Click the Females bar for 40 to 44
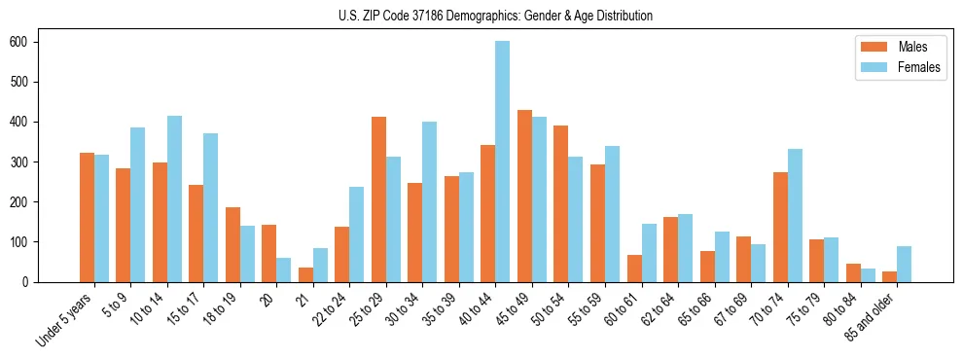(x=503, y=162)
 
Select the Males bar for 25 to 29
(x=378, y=199)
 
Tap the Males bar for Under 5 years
(x=87, y=217)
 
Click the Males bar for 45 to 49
(x=524, y=196)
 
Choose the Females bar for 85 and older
(x=904, y=264)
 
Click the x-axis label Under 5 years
(x=64, y=318)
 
